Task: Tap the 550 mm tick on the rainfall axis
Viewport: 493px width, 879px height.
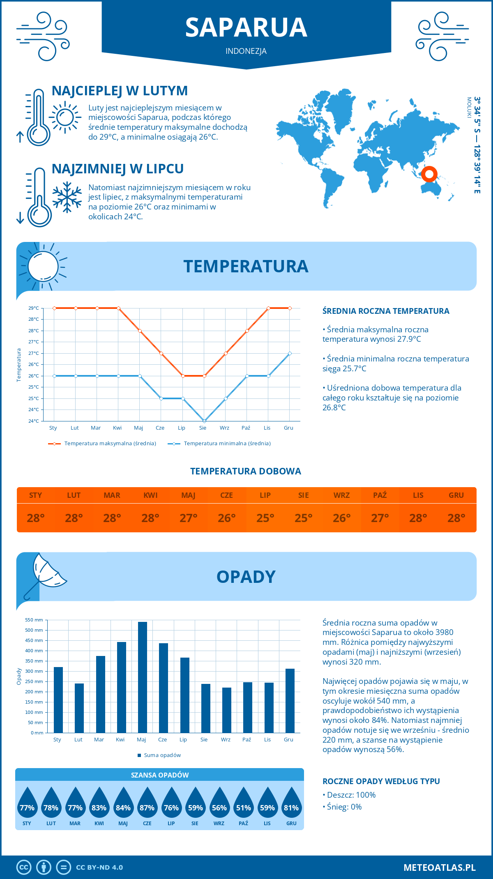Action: click(x=35, y=620)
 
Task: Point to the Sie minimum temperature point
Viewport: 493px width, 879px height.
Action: click(x=204, y=421)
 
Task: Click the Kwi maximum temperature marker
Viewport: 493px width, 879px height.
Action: click(x=118, y=308)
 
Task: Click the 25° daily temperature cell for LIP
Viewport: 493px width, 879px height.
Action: click(x=265, y=518)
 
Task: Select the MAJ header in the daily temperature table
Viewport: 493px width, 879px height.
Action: click(x=188, y=495)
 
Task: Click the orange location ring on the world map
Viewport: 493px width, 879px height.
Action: click(x=429, y=174)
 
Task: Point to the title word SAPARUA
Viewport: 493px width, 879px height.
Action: click(x=246, y=28)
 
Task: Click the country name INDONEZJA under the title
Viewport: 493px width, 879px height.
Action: click(x=246, y=51)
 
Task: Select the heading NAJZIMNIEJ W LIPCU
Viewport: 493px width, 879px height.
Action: click(x=117, y=169)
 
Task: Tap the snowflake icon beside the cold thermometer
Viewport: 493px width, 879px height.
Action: click(x=67, y=197)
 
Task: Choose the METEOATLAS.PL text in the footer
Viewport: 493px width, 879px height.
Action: click(x=440, y=867)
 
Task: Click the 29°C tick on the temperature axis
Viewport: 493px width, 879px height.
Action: click(x=34, y=308)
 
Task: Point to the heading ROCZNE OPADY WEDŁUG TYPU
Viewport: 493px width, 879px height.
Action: click(x=381, y=781)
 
